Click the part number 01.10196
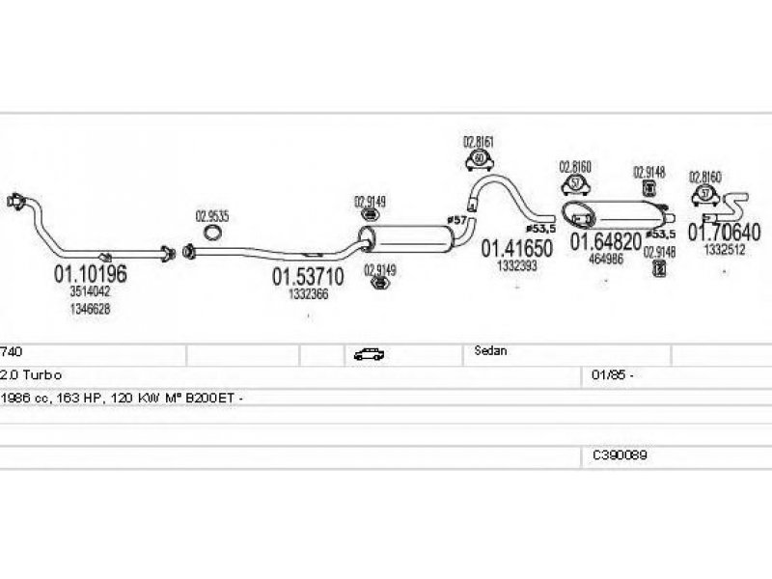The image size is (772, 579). pos(90,274)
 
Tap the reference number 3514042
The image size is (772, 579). pos(90,291)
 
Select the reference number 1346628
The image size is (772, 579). pos(90,309)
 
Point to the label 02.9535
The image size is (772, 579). pos(212,216)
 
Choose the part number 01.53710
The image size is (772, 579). pos(308,277)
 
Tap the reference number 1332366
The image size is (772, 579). pos(309,294)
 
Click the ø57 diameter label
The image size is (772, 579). pos(456,221)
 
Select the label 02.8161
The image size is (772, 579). pos(479,142)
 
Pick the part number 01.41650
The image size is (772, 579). pos(517,249)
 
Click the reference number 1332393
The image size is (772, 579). pos(517,266)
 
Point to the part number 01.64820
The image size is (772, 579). pos(605,241)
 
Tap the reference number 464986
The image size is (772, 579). pos(606,259)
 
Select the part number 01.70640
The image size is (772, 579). pos(724,233)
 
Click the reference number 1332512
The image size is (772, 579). pos(724,249)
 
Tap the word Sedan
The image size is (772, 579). pos(490,351)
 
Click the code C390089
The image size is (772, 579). pos(620,454)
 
